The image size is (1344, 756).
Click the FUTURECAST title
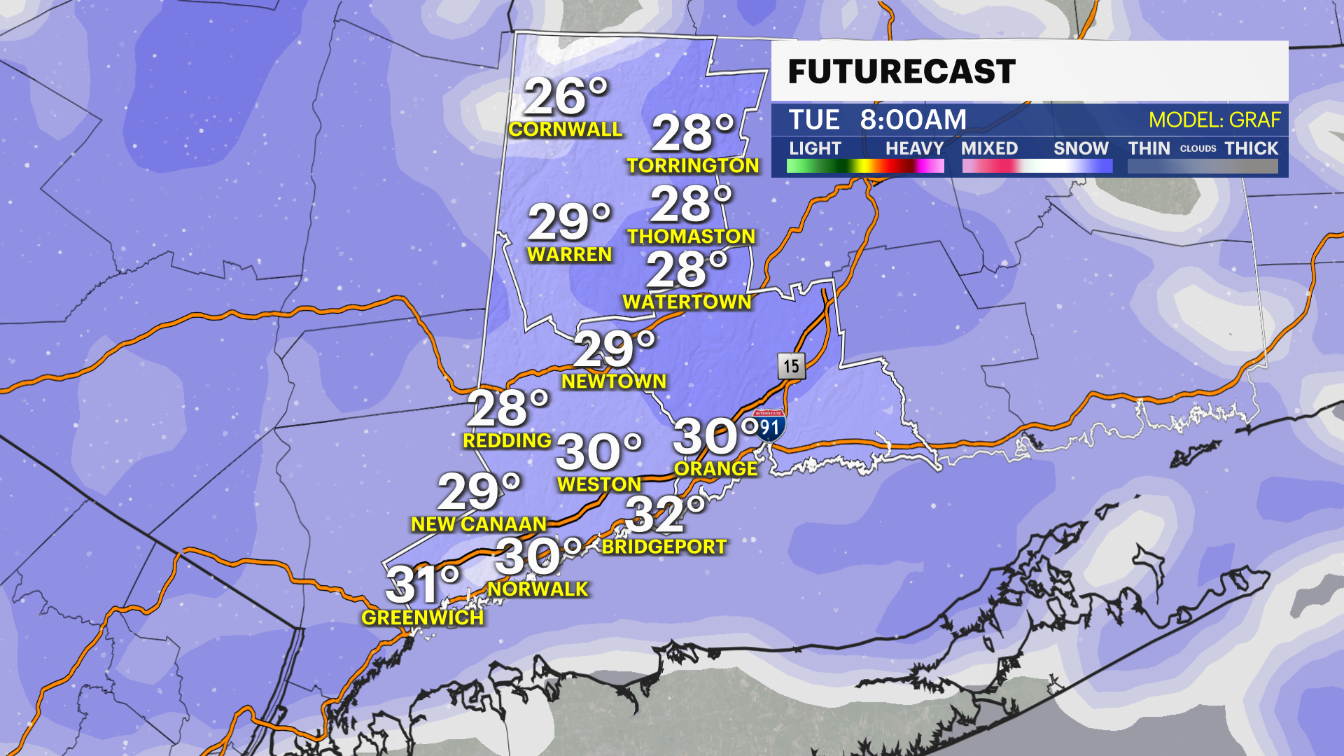tap(902, 72)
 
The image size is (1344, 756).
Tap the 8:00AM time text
tap(913, 120)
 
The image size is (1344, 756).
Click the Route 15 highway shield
tap(791, 365)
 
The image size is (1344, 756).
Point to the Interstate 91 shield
tap(769, 425)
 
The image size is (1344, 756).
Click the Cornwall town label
tap(566, 129)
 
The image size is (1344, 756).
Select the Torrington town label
tap(693, 166)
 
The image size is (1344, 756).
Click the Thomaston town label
tap(691, 237)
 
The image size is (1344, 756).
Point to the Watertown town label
tap(687, 302)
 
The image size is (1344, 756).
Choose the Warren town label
tap(570, 255)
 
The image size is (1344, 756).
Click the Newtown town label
tap(614, 381)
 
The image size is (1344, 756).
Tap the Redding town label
tap(507, 441)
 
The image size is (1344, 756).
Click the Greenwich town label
tap(423, 618)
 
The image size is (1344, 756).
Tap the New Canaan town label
tap(479, 524)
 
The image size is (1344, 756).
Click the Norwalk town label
tap(538, 589)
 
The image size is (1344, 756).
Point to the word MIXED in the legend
tap(989, 148)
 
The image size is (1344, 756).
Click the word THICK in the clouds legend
tap(1251, 148)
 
